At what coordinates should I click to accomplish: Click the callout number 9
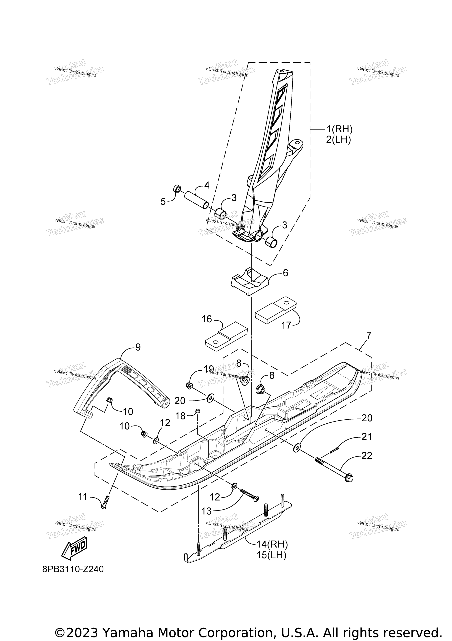tap(138, 347)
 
